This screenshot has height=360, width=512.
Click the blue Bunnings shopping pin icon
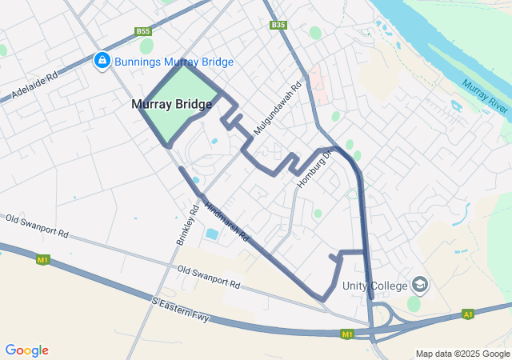click(x=102, y=62)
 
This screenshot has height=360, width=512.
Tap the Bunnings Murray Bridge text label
click(x=174, y=62)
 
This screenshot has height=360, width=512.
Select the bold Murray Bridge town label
click(x=173, y=104)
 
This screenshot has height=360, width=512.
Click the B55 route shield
click(x=143, y=31)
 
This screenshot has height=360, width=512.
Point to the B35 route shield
click(x=278, y=25)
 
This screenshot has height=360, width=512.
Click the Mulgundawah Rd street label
click(x=277, y=107)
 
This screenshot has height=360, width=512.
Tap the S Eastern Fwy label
click(x=180, y=310)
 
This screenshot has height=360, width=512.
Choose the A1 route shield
click(x=468, y=314)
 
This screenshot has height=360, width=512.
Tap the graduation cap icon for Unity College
click(x=420, y=285)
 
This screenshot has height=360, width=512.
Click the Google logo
click(x=26, y=350)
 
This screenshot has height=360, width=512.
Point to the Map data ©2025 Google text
click(x=462, y=354)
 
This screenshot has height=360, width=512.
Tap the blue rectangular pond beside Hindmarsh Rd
click(x=212, y=234)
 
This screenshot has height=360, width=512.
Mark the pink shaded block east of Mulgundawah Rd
click(x=318, y=83)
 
